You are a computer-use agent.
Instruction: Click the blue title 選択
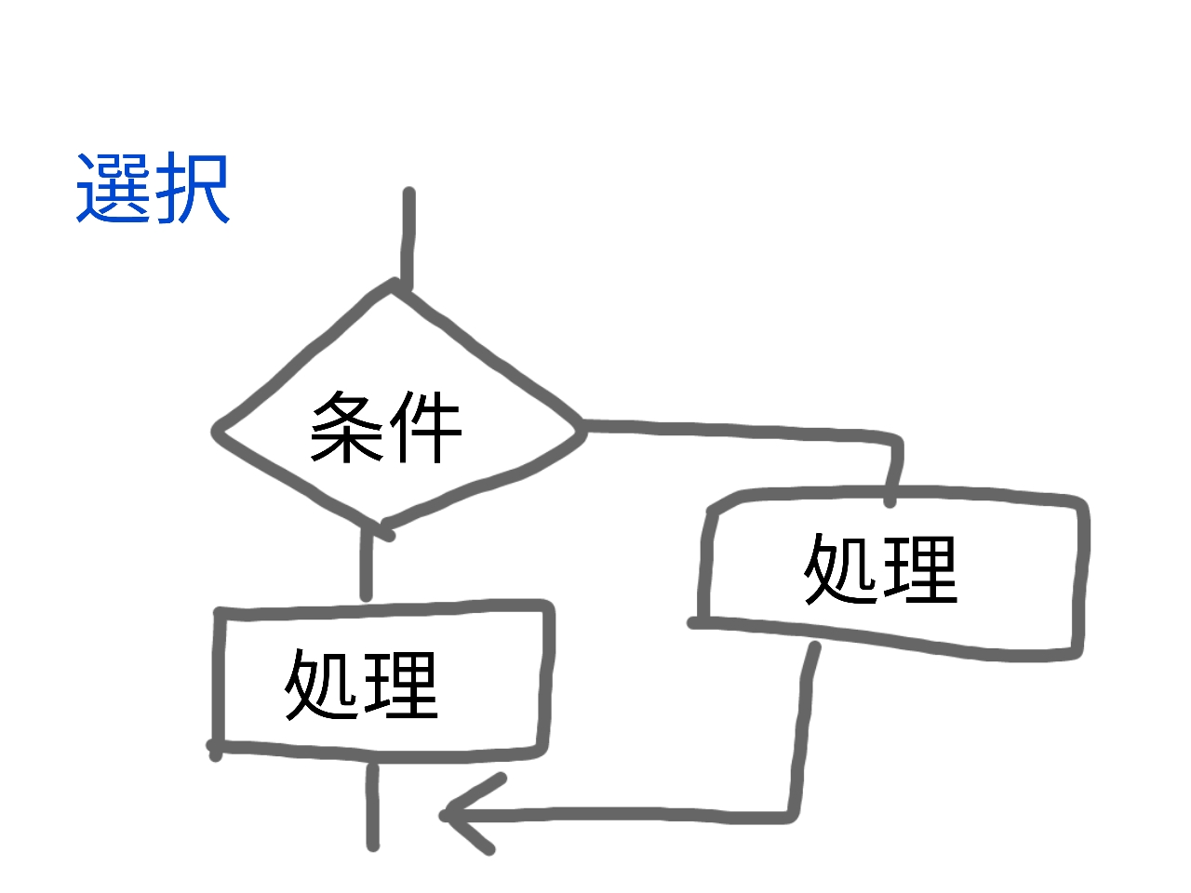click(153, 189)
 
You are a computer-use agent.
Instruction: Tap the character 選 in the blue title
click(114, 189)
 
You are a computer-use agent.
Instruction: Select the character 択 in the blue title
click(192, 189)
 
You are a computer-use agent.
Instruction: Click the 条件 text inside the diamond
click(386, 427)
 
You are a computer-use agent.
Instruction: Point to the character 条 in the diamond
click(347, 427)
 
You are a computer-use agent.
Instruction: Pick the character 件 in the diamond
click(425, 427)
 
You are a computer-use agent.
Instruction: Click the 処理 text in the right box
click(880, 568)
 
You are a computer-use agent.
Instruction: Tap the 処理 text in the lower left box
click(361, 685)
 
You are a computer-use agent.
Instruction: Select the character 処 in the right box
click(841, 568)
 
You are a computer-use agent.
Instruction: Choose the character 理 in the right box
click(920, 568)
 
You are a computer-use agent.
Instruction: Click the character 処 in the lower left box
click(322, 685)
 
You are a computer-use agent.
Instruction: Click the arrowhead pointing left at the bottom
click(456, 815)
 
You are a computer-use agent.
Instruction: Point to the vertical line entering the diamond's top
click(408, 237)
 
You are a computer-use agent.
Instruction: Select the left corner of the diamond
click(219, 432)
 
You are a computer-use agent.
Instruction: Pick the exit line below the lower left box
click(372, 805)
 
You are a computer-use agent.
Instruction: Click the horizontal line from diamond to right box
click(735, 430)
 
